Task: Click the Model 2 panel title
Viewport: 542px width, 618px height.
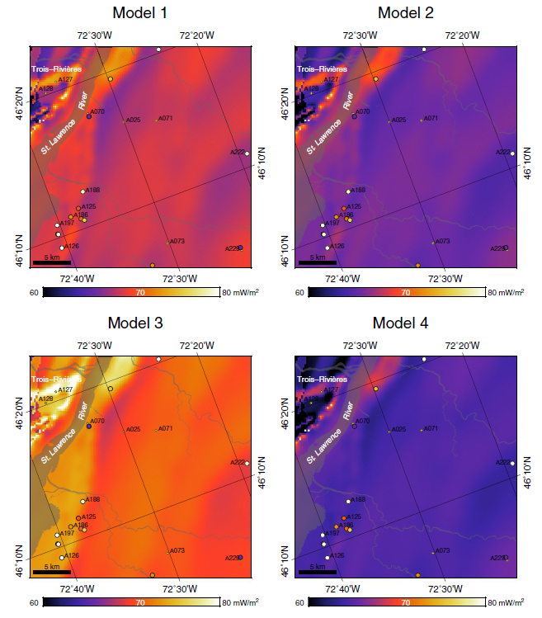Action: pos(406,12)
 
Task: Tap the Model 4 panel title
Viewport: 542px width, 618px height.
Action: pos(406,323)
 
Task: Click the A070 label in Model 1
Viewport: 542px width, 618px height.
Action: pos(97,111)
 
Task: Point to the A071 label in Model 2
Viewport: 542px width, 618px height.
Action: pos(431,118)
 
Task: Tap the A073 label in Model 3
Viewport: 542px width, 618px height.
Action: pos(177,550)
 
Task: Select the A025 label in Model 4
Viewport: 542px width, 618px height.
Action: pos(398,429)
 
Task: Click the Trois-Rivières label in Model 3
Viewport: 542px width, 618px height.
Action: pos(57,379)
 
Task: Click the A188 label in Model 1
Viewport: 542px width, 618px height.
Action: pos(92,190)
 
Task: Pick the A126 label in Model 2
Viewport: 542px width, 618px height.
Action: pos(337,246)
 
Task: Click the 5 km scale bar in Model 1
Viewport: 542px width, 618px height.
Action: pos(51,263)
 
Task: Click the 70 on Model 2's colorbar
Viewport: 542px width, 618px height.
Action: pos(405,292)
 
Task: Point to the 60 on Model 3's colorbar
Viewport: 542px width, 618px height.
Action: pos(34,602)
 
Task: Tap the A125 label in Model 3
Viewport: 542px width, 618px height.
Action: pos(89,517)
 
